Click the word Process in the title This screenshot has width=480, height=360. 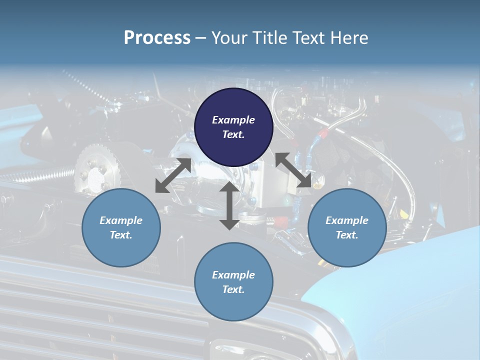click(x=157, y=38)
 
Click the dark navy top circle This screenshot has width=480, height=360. click(x=233, y=127)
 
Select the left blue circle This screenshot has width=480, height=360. click(x=121, y=227)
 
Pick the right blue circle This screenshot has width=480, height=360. click(x=347, y=227)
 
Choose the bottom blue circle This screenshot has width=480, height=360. click(x=233, y=282)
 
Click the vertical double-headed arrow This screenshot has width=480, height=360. click(x=229, y=205)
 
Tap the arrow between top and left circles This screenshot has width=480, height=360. click(x=173, y=175)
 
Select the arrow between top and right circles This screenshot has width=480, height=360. click(x=293, y=170)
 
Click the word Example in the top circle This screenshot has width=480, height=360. click(x=233, y=120)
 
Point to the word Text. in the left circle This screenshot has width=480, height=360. click(x=121, y=235)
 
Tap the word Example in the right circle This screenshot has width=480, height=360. click(x=347, y=220)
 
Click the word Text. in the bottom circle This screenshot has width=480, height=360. click(x=233, y=289)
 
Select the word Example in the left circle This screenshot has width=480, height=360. click(x=121, y=220)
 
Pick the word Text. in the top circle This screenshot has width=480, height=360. click(x=233, y=134)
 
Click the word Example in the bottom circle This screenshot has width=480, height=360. click(x=233, y=275)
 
